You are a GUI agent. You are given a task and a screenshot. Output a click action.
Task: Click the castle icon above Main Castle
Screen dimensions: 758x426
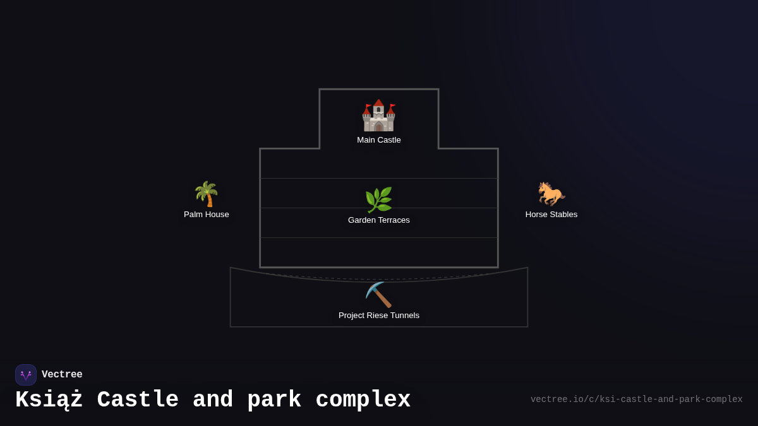[x=378, y=115]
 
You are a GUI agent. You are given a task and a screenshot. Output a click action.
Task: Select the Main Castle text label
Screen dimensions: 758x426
[x=378, y=140]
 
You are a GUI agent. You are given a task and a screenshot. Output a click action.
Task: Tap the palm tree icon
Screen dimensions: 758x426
[x=206, y=194]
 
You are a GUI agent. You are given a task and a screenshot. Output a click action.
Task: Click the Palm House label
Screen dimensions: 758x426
[x=206, y=215]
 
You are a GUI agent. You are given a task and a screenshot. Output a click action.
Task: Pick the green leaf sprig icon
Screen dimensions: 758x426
[x=378, y=200]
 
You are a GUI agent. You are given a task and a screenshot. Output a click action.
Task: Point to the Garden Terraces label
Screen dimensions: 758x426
[x=378, y=220]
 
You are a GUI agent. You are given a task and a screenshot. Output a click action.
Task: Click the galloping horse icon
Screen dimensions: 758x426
[x=551, y=194]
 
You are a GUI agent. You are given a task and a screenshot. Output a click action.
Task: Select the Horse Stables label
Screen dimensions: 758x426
[x=551, y=215]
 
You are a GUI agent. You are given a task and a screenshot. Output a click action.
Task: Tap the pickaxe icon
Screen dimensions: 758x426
[x=378, y=295]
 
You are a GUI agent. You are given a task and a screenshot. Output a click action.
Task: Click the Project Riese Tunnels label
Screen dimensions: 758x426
[x=378, y=316]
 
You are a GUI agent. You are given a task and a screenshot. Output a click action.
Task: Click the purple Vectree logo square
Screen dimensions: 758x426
[x=26, y=375]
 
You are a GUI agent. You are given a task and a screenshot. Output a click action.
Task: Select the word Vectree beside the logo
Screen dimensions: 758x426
[x=62, y=374]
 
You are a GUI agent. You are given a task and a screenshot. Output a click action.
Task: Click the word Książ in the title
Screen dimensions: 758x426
[x=49, y=399]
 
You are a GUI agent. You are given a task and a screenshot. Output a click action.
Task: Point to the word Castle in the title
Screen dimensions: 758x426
[x=138, y=399]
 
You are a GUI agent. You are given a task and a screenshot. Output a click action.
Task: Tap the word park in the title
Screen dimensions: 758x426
[x=274, y=399]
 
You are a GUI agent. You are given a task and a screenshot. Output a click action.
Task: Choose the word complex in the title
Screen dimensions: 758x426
[x=363, y=399]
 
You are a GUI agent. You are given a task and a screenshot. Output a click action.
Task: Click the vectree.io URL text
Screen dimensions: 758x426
[x=637, y=399]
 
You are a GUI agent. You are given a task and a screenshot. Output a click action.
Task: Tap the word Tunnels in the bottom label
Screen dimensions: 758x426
[x=405, y=316]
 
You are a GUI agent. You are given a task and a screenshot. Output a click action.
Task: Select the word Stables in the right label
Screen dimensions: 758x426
[x=565, y=215]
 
